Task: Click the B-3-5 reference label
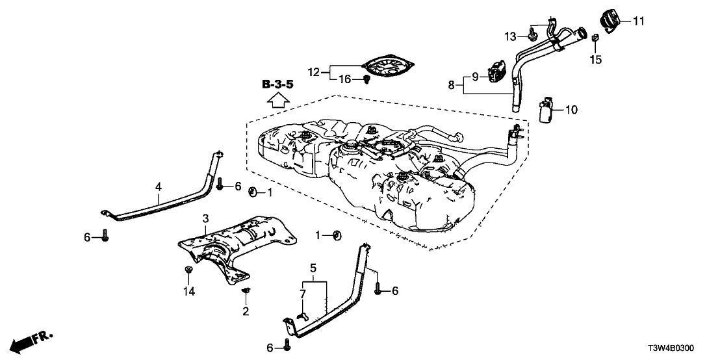277,84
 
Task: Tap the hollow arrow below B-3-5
277,99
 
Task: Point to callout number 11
638,21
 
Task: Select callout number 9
474,76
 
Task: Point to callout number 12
315,71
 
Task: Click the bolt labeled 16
366,80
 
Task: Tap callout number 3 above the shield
205,218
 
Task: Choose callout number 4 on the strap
158,186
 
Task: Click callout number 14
188,292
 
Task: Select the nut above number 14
188,270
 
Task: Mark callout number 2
246,311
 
